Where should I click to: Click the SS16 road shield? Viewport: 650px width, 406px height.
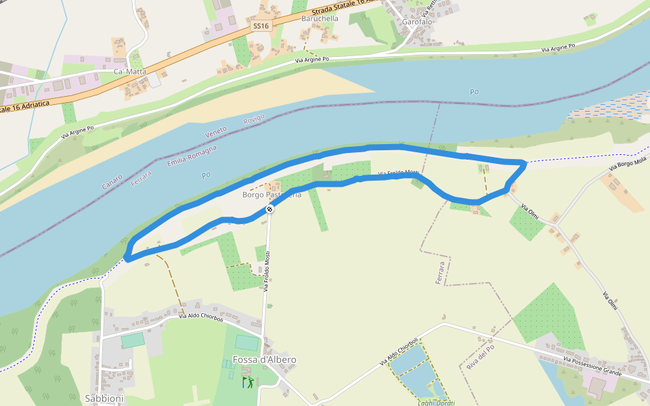click(x=261, y=26)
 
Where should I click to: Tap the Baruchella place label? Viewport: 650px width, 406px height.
click(x=320, y=19)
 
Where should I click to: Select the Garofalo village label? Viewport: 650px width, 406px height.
click(x=417, y=22)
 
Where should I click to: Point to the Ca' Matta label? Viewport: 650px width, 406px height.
click(x=130, y=71)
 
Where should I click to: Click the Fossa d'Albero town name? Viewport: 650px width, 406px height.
click(x=264, y=359)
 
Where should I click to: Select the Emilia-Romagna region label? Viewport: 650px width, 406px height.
click(x=192, y=155)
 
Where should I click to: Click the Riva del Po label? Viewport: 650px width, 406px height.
click(x=481, y=357)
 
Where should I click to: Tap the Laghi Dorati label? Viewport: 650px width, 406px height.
click(x=436, y=403)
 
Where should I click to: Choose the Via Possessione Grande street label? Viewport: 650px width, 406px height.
click(x=592, y=365)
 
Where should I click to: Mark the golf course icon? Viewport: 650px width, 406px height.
click(x=247, y=382)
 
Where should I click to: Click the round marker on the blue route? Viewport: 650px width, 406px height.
click(x=269, y=210)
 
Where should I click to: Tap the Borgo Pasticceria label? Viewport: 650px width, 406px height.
click(x=272, y=195)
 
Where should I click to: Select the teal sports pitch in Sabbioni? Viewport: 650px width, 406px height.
click(x=133, y=340)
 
